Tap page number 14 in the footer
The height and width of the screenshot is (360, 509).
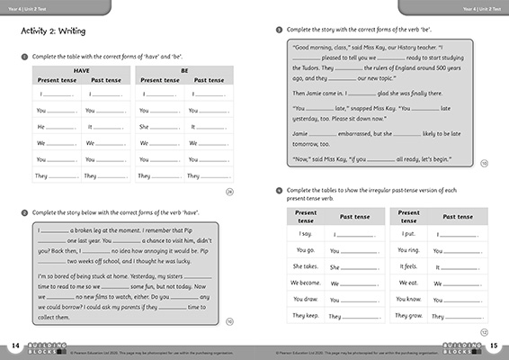click(15, 346)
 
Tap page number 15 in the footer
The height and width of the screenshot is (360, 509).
click(494, 346)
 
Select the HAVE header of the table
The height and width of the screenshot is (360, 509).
click(80, 69)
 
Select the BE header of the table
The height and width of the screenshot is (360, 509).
click(183, 69)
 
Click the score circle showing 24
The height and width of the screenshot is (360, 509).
click(228, 192)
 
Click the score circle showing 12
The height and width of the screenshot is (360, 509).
click(483, 331)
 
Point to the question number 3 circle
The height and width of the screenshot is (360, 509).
click(278, 29)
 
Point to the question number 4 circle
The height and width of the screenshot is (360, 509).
click(278, 190)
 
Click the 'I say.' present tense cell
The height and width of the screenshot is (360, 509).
click(305, 234)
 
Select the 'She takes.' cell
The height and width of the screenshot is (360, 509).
click(305, 266)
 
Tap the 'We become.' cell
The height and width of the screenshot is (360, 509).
click(305, 283)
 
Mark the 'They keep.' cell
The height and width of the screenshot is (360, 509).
click(305, 316)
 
